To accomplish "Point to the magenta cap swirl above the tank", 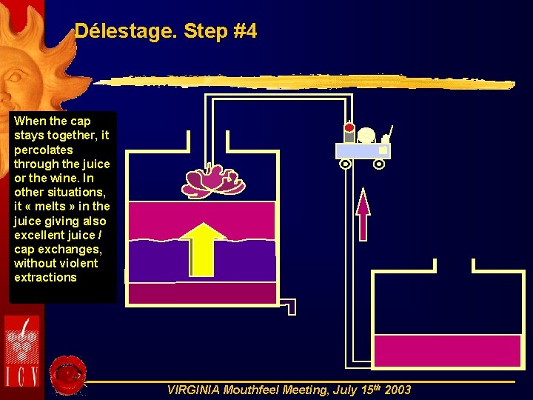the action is pyautogui.click(x=213, y=181).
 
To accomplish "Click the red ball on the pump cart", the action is pyautogui.click(x=349, y=127).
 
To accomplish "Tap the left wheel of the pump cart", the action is pyautogui.click(x=346, y=164).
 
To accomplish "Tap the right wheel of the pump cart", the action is pyautogui.click(x=379, y=164).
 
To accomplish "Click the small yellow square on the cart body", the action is pyautogui.click(x=382, y=150).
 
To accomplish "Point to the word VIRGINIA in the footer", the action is pyautogui.click(x=194, y=390).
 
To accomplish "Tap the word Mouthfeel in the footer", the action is pyautogui.click(x=252, y=390).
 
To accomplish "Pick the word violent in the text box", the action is pyautogui.click(x=78, y=263).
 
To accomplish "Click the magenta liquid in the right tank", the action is pyautogui.click(x=446, y=350).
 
